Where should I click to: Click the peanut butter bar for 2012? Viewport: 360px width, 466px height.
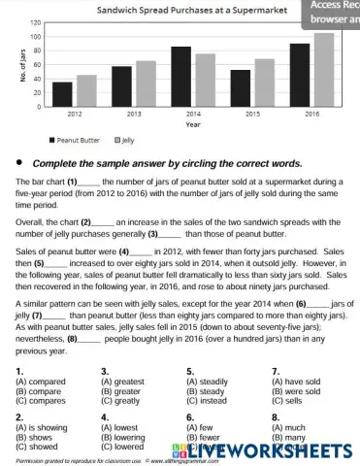pos(62,94)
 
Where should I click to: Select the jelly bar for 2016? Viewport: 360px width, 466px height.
pos(323,70)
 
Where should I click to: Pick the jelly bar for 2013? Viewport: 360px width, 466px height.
pos(146,83)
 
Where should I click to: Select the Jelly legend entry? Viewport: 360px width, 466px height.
pos(124,140)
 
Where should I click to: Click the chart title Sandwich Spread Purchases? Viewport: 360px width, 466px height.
pos(191,9)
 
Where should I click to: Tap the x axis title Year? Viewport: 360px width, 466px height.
pos(193,124)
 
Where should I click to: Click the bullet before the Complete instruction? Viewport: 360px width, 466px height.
pos(18,163)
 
